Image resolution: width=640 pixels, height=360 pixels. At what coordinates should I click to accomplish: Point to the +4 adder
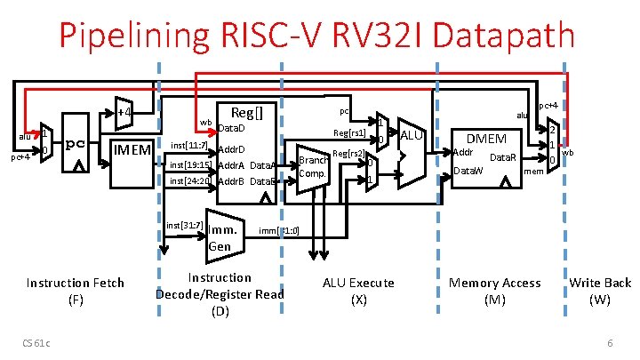[124, 113]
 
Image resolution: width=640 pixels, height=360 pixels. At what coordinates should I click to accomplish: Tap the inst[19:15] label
[189, 164]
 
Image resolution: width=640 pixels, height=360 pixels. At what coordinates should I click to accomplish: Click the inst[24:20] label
[189, 181]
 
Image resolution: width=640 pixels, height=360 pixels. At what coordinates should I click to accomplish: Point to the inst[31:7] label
[185, 226]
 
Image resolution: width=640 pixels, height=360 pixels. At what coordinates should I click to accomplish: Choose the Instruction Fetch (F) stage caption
[76, 292]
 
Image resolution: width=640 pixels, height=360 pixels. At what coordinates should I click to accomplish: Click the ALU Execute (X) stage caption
[358, 292]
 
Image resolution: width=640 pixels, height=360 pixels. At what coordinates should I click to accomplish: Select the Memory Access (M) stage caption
[495, 292]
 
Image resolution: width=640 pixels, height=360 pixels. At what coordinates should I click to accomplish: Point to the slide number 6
[610, 344]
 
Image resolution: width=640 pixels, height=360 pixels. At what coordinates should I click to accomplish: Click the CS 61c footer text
[38, 344]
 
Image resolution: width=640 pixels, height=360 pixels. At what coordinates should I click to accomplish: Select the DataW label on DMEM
[469, 170]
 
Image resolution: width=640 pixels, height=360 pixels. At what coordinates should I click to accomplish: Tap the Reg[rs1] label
[349, 133]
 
